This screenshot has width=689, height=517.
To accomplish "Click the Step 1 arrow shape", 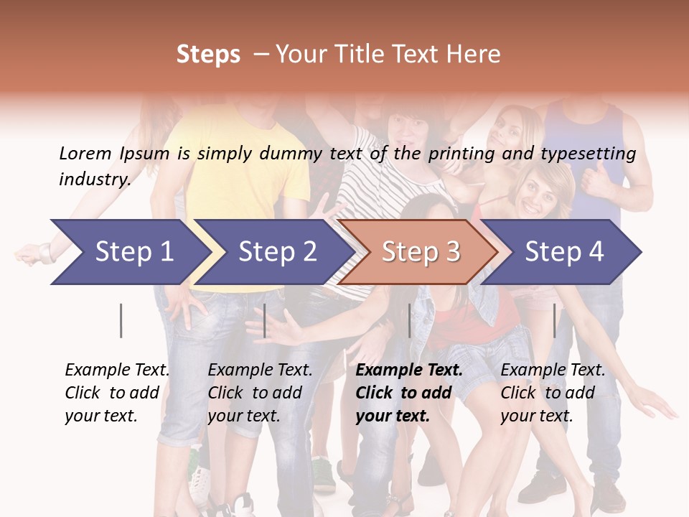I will click(x=129, y=252).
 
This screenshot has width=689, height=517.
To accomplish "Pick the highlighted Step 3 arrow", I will click(x=420, y=252).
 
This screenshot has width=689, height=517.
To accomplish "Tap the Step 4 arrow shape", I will click(x=563, y=252).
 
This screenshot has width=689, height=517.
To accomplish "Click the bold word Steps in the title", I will click(x=208, y=54).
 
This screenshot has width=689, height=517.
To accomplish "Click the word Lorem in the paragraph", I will click(x=85, y=153).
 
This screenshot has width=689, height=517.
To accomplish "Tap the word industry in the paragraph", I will click(x=94, y=179).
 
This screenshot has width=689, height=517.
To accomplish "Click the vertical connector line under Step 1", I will click(x=121, y=320).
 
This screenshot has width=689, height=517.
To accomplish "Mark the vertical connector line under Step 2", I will click(x=265, y=320).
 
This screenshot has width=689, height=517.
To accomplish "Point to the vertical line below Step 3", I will click(x=409, y=320).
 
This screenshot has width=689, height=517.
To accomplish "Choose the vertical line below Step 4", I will click(x=554, y=320).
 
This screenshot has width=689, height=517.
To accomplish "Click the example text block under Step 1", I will click(x=117, y=393).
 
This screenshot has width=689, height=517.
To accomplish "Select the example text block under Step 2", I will click(x=260, y=393).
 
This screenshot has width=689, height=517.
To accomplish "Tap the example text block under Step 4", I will click(x=553, y=393).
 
